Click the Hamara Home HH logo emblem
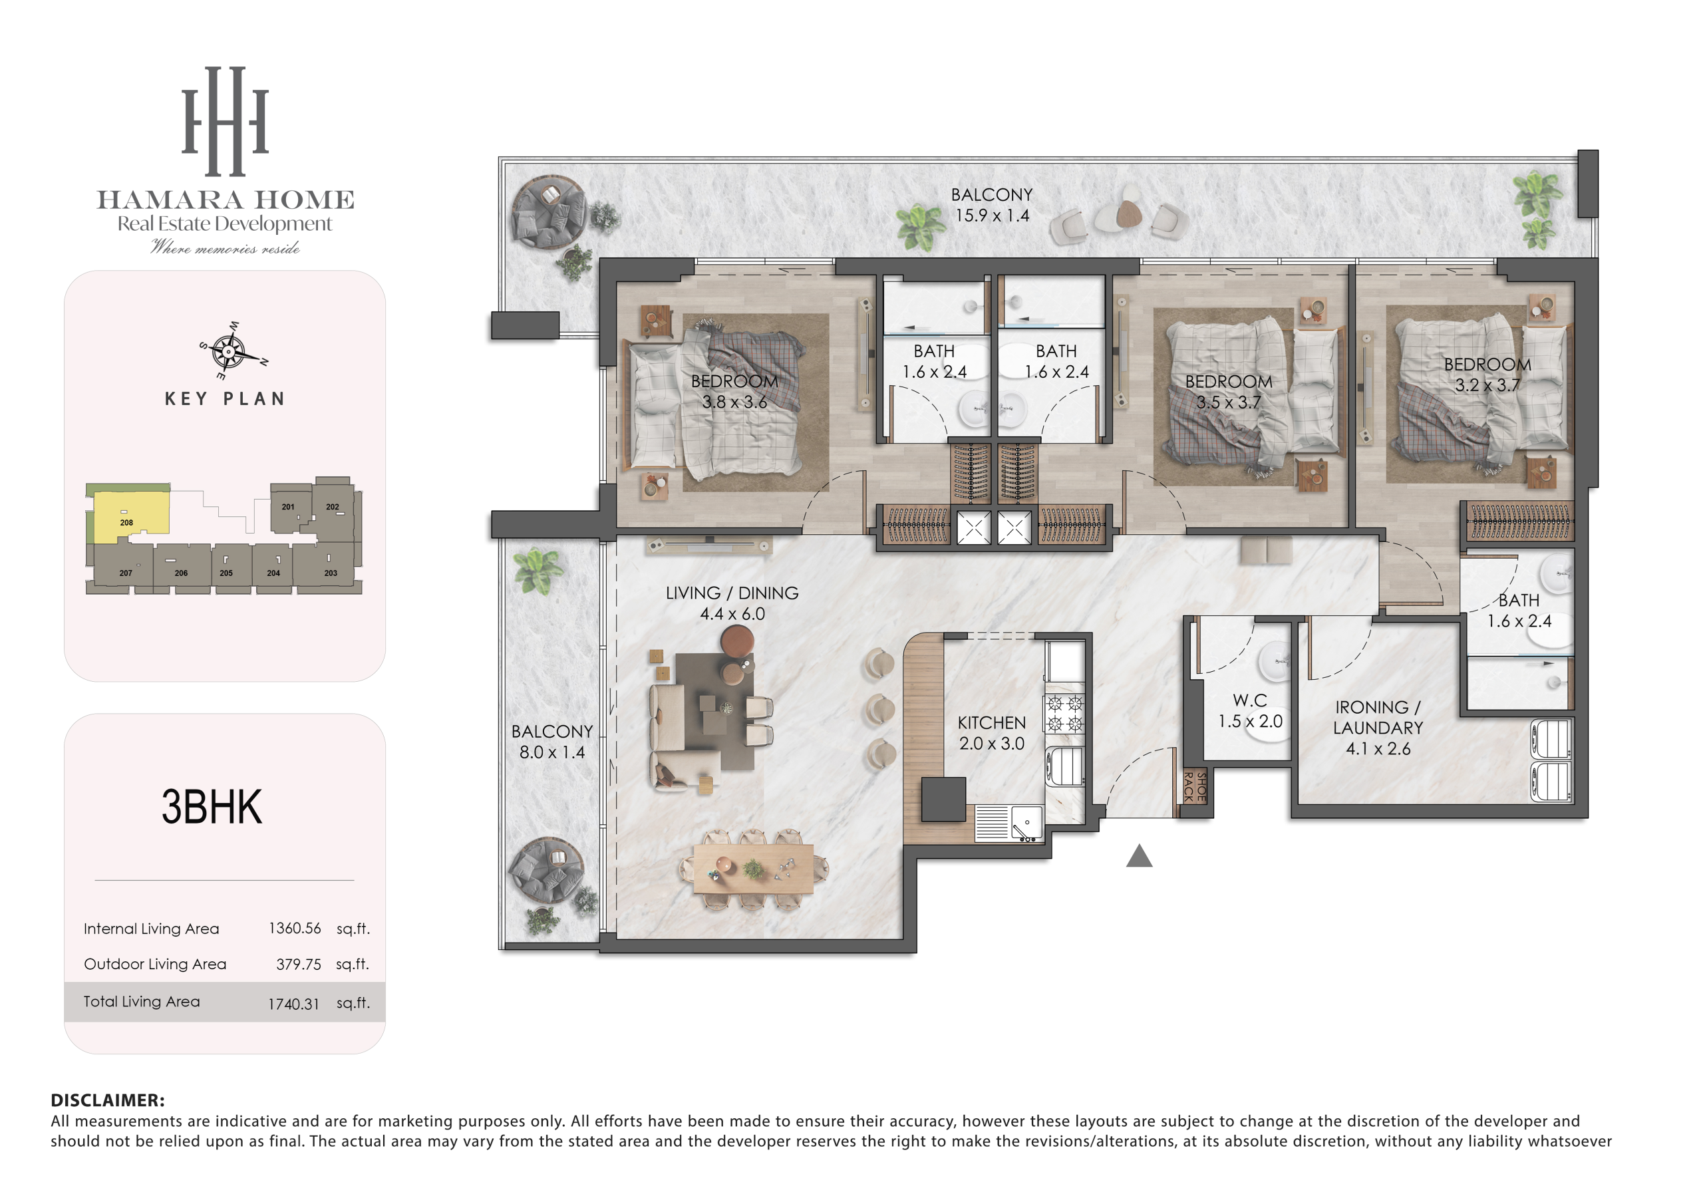[x=225, y=122]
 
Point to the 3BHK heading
[x=212, y=807]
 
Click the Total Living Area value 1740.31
[x=294, y=1004]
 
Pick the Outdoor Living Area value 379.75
[x=298, y=965]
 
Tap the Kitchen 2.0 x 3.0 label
[x=992, y=733]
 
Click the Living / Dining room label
[x=732, y=603]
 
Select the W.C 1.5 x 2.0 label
[x=1250, y=710]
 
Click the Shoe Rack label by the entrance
[x=1194, y=787]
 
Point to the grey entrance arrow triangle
[x=1140, y=857]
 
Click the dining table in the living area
[x=753, y=869]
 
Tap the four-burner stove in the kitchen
[x=1065, y=714]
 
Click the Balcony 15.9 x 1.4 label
[x=992, y=205]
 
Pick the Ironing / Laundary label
[x=1378, y=728]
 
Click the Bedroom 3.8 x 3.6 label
[x=734, y=391]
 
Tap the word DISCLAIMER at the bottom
[x=108, y=1100]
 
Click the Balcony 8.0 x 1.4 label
[x=552, y=742]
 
